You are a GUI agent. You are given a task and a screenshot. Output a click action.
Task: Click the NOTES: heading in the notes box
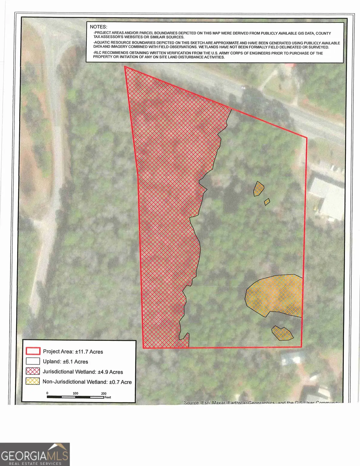98,27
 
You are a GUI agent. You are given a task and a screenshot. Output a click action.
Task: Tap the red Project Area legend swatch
33,351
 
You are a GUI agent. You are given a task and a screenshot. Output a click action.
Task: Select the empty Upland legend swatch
33,361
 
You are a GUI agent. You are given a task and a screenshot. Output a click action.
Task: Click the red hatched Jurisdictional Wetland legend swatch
33,371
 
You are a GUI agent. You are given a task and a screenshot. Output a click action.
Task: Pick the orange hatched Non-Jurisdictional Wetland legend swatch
33,381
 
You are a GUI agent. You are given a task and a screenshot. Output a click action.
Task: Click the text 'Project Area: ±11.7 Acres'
73,352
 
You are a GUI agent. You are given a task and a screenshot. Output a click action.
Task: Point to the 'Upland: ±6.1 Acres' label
65,362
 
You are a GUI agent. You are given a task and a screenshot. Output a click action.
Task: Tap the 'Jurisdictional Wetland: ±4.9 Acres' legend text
83,372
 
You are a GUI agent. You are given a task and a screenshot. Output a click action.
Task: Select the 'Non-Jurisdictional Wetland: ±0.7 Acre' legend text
87,382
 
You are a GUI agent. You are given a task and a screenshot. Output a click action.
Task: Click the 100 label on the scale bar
75,393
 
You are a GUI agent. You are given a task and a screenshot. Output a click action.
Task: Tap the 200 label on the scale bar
103,393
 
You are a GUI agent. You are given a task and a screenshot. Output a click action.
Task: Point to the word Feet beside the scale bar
108,397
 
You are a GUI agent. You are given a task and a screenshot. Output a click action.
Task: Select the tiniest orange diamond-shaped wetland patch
267,202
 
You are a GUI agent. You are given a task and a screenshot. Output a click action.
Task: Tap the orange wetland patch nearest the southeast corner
282,333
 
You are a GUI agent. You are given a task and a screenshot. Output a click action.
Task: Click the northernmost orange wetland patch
258,189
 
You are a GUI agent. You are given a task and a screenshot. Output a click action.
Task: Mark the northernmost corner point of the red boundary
125,66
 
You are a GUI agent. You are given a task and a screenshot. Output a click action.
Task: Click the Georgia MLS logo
35,454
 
